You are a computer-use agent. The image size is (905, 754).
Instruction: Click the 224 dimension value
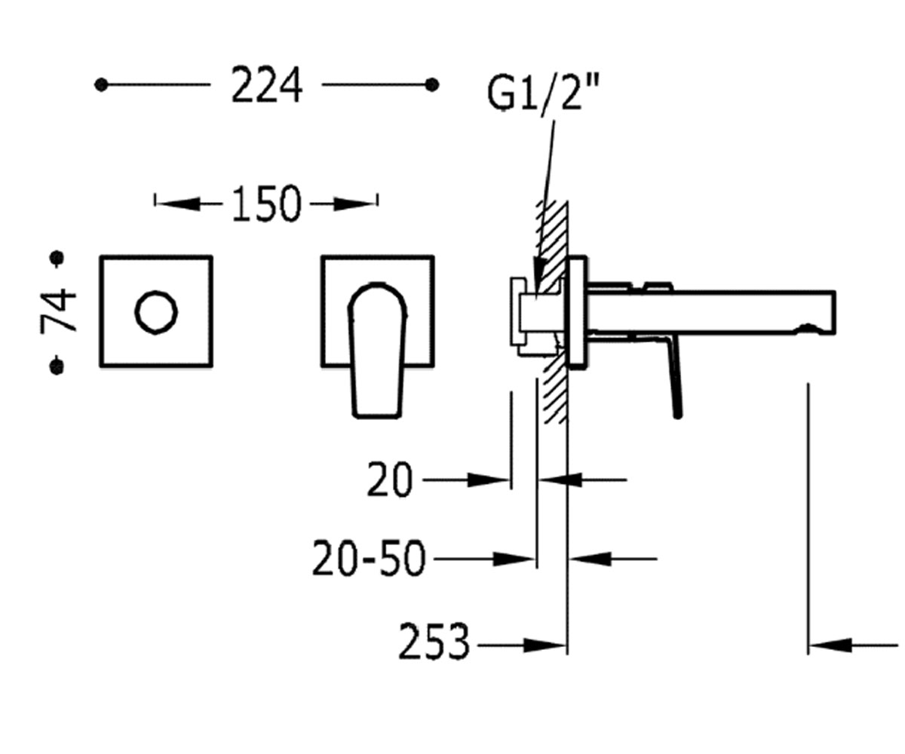(266, 85)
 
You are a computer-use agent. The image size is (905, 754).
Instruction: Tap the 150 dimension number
(266, 204)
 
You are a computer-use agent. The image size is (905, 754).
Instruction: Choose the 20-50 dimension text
(369, 559)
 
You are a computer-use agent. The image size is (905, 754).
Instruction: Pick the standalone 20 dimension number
(389, 480)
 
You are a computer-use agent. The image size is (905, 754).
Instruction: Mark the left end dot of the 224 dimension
(101, 85)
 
